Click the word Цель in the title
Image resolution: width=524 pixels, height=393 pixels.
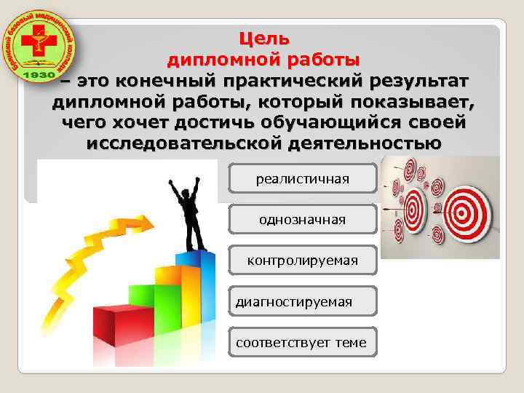(x=264, y=37)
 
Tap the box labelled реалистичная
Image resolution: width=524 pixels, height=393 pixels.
(x=303, y=178)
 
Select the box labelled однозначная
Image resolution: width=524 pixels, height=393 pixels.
(x=303, y=219)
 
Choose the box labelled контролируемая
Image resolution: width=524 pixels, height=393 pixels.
(x=303, y=260)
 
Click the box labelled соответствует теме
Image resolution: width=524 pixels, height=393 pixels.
(x=303, y=341)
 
